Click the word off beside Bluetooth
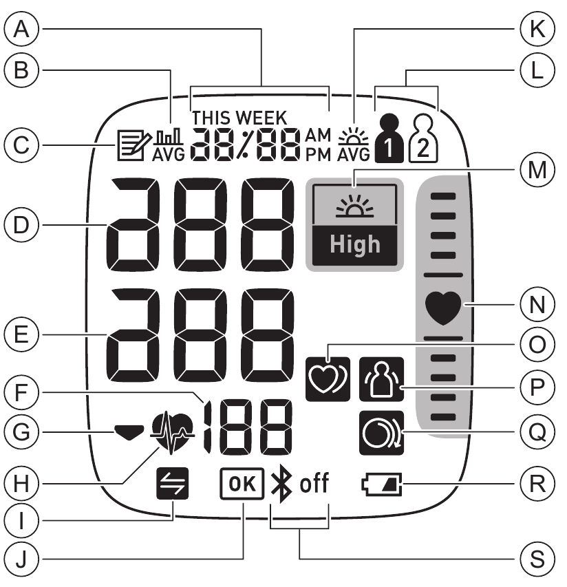[314, 485]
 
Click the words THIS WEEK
[239, 116]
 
